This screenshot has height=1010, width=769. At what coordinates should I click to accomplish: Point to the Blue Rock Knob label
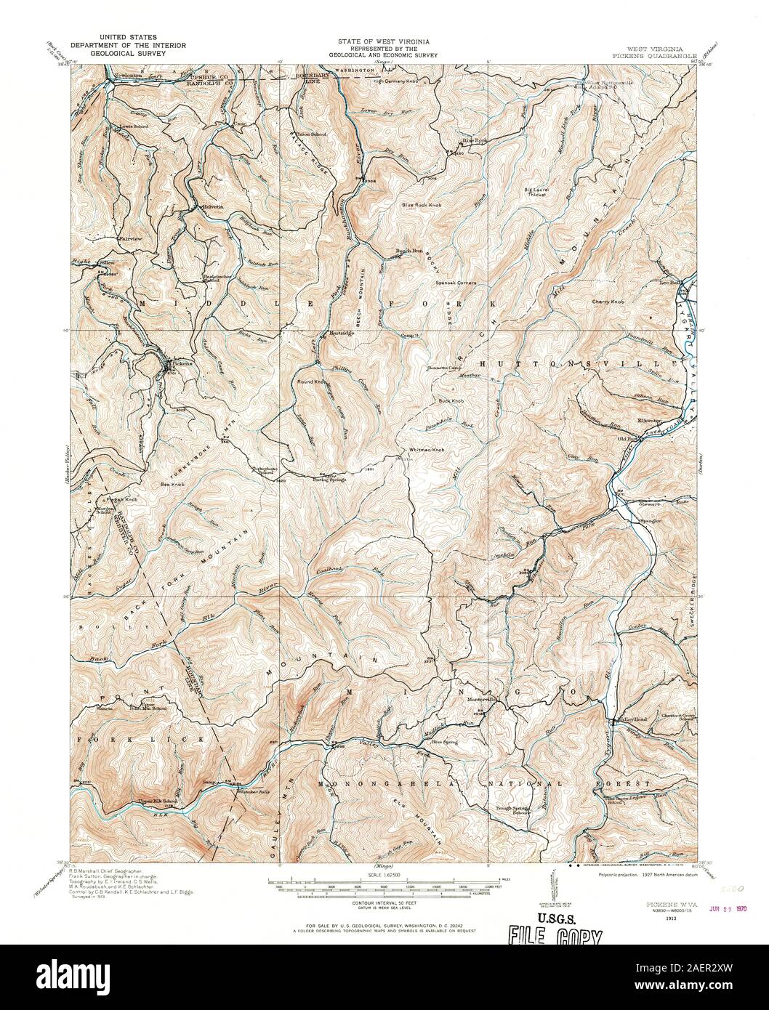[422, 205]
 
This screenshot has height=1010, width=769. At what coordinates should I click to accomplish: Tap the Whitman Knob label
[427, 450]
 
